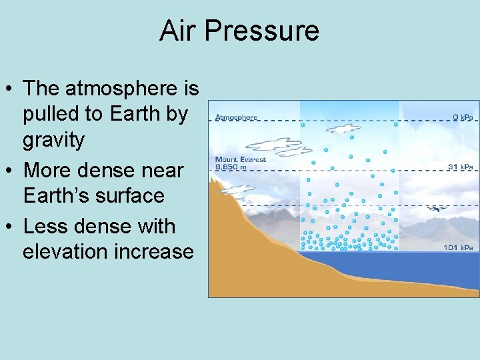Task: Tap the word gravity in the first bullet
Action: (54, 140)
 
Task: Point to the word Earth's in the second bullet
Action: (57, 196)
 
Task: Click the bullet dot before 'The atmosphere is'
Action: (9, 89)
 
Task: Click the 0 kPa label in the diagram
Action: (463, 117)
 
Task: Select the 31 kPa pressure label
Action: (460, 167)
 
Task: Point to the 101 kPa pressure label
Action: (459, 248)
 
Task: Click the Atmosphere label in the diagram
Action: (236, 117)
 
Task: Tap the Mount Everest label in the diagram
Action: (240, 160)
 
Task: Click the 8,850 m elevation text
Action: (231, 167)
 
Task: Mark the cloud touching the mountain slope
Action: (237, 189)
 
